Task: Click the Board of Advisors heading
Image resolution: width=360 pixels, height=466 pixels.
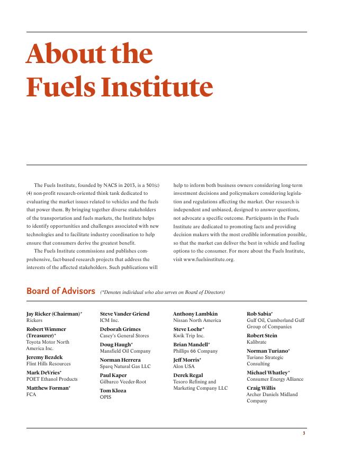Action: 61,291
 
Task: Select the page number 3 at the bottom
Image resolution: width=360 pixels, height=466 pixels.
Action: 304,433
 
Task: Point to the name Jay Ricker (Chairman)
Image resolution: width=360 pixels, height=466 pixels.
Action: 53,314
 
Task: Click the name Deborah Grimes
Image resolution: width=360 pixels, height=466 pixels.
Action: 120,329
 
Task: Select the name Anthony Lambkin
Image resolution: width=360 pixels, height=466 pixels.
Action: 195,314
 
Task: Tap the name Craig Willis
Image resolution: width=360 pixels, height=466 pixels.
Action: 261,388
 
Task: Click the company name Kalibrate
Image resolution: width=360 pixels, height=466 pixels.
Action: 257,342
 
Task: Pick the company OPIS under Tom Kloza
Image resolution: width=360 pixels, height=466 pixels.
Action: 105,397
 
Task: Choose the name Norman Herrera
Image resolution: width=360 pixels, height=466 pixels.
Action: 120,360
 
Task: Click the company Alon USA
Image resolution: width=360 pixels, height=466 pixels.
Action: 184,366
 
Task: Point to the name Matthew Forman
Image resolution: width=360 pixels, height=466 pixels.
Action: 48,388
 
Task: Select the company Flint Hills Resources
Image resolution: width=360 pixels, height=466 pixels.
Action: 48,364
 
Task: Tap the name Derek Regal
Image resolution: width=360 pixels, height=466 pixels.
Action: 188,375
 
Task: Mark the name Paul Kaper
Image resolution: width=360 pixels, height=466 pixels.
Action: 113,375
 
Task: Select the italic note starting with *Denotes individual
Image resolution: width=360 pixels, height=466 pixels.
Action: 163,292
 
